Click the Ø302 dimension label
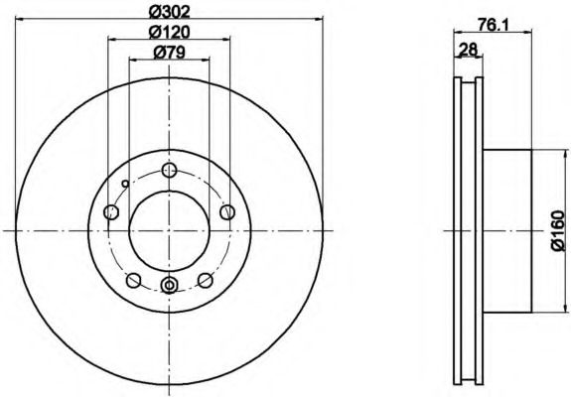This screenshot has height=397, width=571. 170,12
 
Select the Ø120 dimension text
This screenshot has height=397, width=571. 170,33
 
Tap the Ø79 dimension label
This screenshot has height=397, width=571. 170,53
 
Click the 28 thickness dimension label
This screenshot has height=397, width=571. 468,49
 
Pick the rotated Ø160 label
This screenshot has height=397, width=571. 558,230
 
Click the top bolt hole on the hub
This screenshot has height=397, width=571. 170,170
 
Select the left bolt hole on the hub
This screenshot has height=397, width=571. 111,211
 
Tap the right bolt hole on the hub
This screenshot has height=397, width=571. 227,211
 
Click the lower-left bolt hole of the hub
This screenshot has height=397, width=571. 134,280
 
